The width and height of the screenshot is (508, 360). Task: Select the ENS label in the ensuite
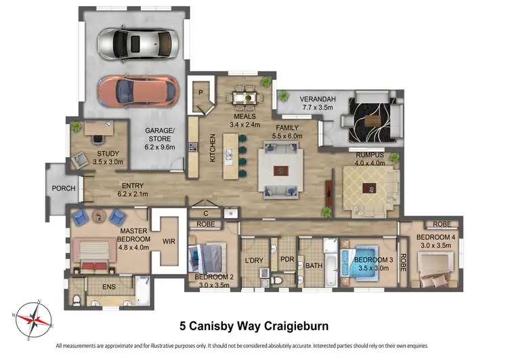click(x=108, y=287)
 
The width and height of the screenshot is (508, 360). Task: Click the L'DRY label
click(x=255, y=260)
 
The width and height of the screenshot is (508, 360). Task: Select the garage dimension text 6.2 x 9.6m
click(x=161, y=146)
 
